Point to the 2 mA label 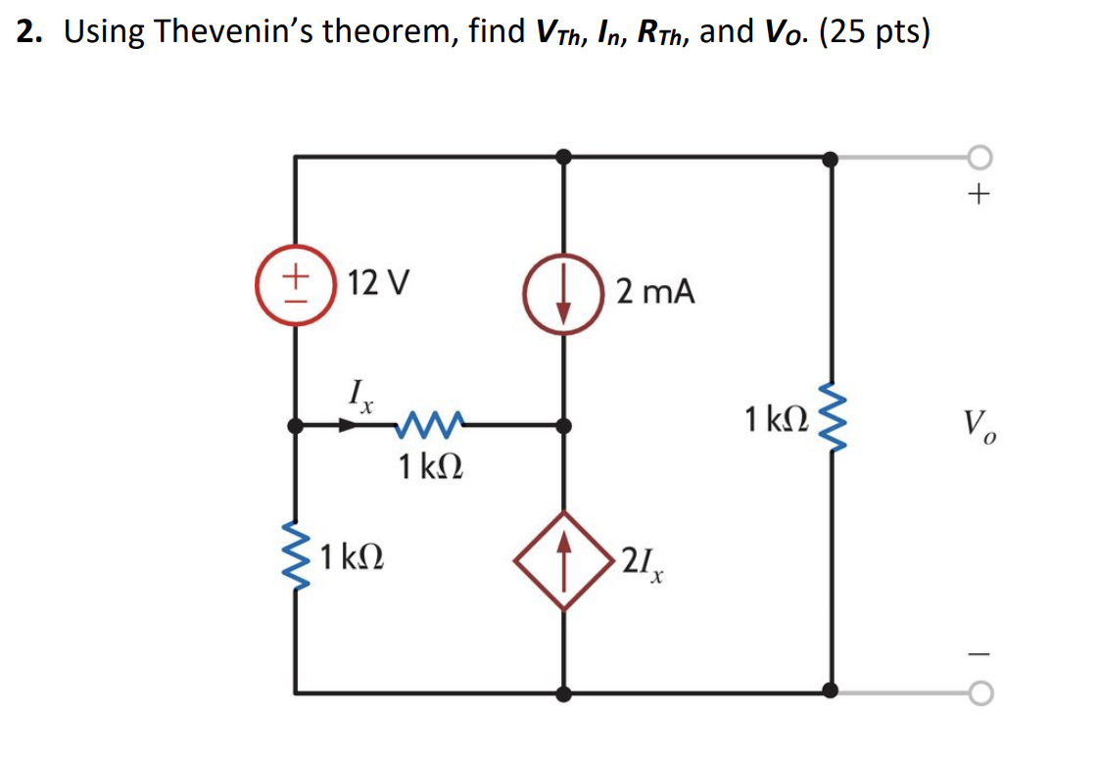click(x=655, y=291)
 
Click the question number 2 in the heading click(x=26, y=32)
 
